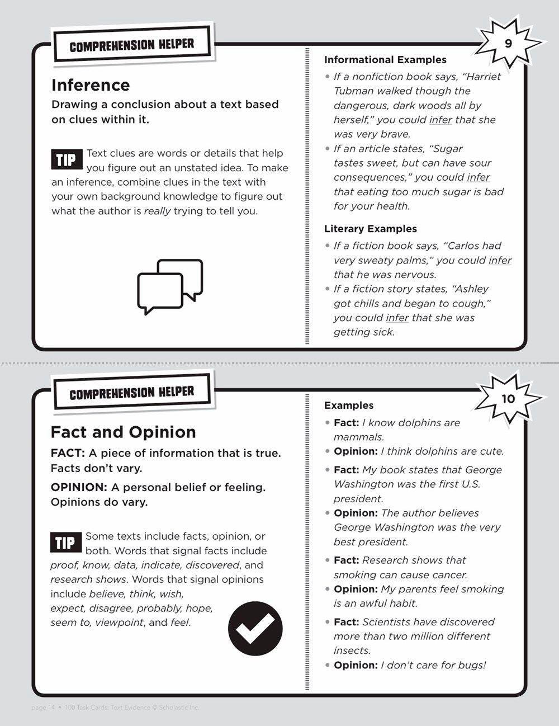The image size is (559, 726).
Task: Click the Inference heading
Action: tap(91, 85)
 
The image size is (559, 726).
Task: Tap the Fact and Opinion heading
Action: tap(123, 432)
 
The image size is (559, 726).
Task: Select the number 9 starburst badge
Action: tap(508, 44)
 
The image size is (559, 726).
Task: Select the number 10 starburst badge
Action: tap(508, 399)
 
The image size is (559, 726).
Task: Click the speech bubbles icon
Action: tap(170, 286)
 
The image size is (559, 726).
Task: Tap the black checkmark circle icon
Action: tap(255, 628)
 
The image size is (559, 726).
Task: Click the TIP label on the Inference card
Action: tap(66, 160)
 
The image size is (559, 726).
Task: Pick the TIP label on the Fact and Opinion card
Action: tap(65, 542)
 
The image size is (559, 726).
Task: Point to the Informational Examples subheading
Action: tap(385, 60)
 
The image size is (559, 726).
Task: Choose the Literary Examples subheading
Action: tap(370, 229)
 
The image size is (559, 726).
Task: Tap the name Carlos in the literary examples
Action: tap(466, 246)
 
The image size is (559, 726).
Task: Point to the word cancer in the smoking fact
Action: tap(449, 575)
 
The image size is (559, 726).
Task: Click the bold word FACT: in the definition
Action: tap(68, 453)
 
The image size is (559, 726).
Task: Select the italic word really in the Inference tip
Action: tap(157, 211)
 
